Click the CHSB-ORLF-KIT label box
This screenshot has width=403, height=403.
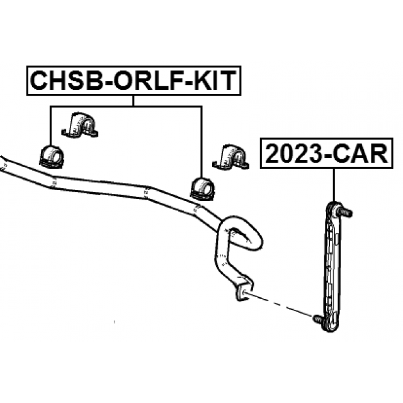pyautogui.click(x=133, y=80)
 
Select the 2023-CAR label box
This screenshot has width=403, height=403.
pyautogui.click(x=325, y=154)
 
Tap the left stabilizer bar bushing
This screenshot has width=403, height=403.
pyautogui.click(x=51, y=155)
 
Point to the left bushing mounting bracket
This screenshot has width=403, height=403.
pyautogui.click(x=81, y=125)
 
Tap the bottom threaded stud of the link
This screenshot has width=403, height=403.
pyautogui.click(x=318, y=320)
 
